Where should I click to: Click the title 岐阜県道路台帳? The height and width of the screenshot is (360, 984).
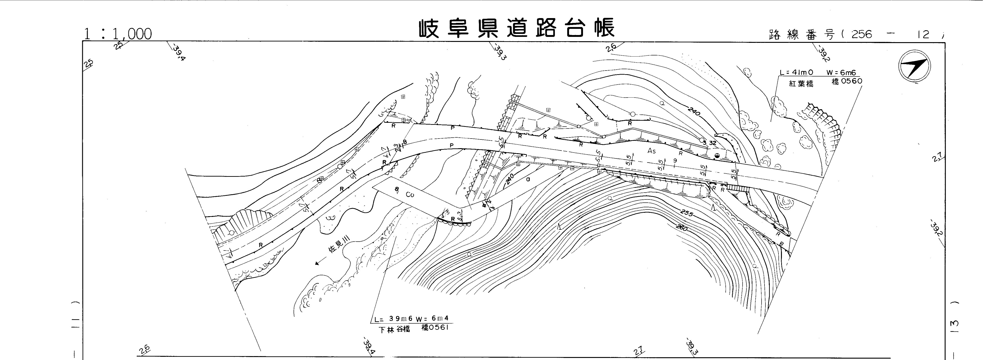tap(516, 28)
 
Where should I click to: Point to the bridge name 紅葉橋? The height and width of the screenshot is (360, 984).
tap(801, 84)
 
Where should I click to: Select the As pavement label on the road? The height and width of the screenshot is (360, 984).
tap(651, 151)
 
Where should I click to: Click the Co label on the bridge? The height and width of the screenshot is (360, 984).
tap(410, 194)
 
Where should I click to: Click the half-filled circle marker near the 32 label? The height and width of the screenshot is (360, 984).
tap(717, 155)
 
